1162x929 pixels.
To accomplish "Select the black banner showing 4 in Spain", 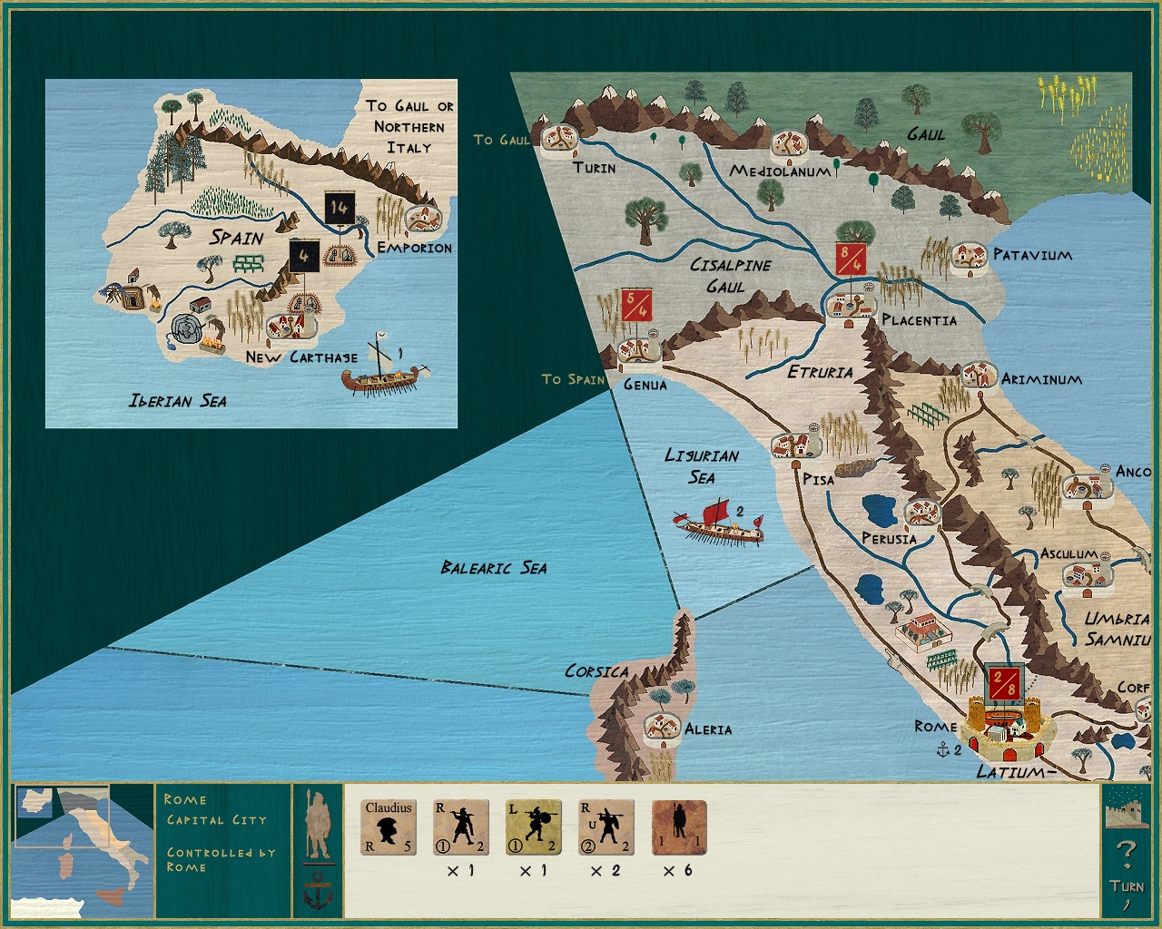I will coord(303,257).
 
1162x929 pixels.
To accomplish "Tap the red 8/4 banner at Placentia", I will coord(851,259).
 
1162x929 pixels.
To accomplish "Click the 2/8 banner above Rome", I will coord(1004,682).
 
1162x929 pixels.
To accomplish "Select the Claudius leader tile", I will coord(389,826).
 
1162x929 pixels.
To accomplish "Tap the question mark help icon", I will coord(1126,852).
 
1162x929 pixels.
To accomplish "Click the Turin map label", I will coord(595,168).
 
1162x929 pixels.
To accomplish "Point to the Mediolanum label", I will coord(780,171).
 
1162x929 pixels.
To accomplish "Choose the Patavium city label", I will coord(1032,255).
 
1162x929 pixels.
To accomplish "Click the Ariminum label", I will coord(1041,379).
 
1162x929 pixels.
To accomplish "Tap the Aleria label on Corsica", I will coord(708,729).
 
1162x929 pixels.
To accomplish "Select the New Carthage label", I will coord(301,357).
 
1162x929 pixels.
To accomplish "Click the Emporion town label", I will coord(414,248).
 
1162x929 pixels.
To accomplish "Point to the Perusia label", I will coord(889,539).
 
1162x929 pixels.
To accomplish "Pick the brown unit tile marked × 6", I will coord(679,826).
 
